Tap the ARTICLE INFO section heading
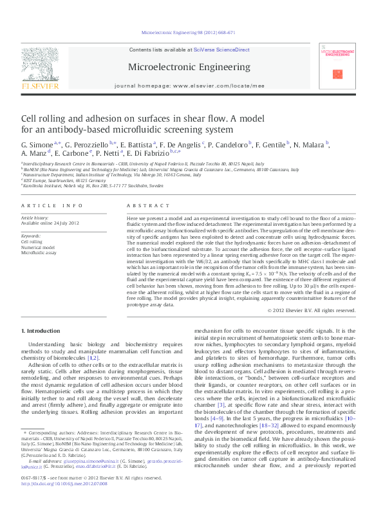click(51, 205)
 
